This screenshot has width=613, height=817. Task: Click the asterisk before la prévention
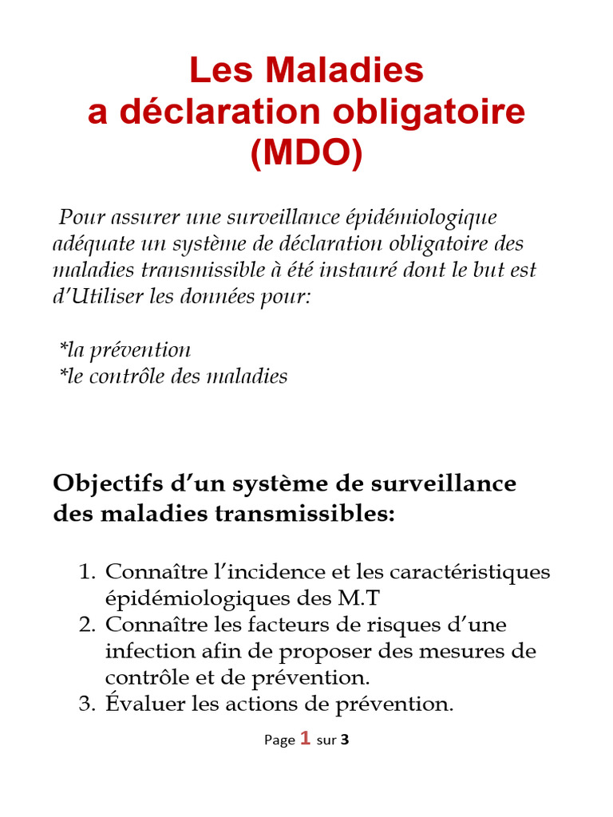pyautogui.click(x=63, y=349)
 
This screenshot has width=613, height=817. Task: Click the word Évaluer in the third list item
pyautogui.click(x=144, y=704)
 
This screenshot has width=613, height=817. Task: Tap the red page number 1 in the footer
pyautogui.click(x=305, y=739)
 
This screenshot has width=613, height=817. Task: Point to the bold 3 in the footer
pyautogui.click(x=345, y=740)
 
